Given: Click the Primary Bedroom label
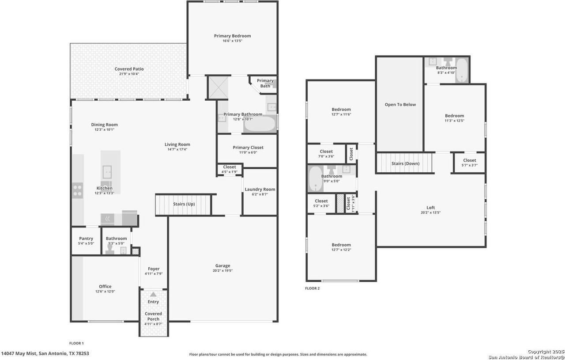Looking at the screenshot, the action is (232, 36).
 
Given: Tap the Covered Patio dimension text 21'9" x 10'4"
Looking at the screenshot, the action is (129, 74).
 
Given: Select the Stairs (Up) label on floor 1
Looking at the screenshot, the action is (184, 204).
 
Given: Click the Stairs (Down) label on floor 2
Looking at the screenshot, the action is (405, 163).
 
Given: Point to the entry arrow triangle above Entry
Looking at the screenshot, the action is (153, 294).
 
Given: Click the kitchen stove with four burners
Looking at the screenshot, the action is (77, 191).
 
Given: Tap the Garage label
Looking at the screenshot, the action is (223, 265).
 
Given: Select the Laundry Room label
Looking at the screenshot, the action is (260, 189).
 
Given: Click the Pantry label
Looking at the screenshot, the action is (86, 239).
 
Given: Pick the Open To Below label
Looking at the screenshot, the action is (400, 105).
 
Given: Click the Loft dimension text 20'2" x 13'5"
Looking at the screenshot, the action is (430, 212).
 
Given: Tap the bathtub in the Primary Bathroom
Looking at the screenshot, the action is (260, 124).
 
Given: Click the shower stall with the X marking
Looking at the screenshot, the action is (218, 87).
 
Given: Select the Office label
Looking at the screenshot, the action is (105, 287).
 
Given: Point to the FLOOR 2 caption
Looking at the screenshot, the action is (312, 288).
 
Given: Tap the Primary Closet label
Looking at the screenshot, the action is (248, 148).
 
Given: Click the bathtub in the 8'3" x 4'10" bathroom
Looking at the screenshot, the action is (462, 70).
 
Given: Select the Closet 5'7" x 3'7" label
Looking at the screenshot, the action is (470, 160).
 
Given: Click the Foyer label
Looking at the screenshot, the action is (154, 269).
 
